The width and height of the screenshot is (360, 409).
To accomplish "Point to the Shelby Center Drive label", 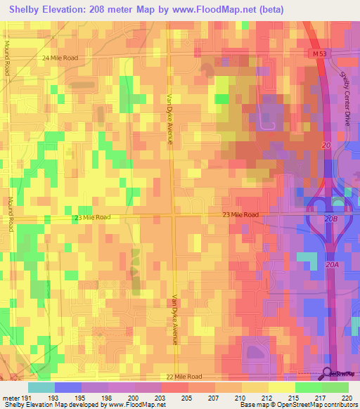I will coord(345,98).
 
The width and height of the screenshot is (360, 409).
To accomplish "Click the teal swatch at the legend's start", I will coord(41,387).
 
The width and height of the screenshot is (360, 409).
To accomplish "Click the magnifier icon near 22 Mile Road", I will coord(328,374).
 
